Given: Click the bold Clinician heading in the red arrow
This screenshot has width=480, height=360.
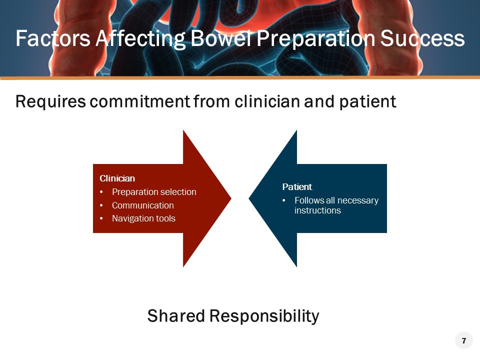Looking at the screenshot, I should coord(117,178).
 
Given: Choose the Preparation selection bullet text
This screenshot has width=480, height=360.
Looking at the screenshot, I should coord(154,192).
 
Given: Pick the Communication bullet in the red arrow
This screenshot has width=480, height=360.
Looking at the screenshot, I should coord(143,205).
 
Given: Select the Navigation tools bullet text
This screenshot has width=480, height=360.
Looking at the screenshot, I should coord(143,218).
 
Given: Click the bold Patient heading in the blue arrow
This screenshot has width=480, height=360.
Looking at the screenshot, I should coord(297,187).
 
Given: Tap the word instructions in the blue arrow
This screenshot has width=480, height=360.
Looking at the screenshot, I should coord(317,210).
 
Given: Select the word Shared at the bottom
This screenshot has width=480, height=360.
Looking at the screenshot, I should coord(176,316).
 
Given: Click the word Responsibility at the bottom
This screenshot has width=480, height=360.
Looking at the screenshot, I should coord(264,316).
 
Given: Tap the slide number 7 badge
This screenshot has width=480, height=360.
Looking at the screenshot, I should coord(463,341).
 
